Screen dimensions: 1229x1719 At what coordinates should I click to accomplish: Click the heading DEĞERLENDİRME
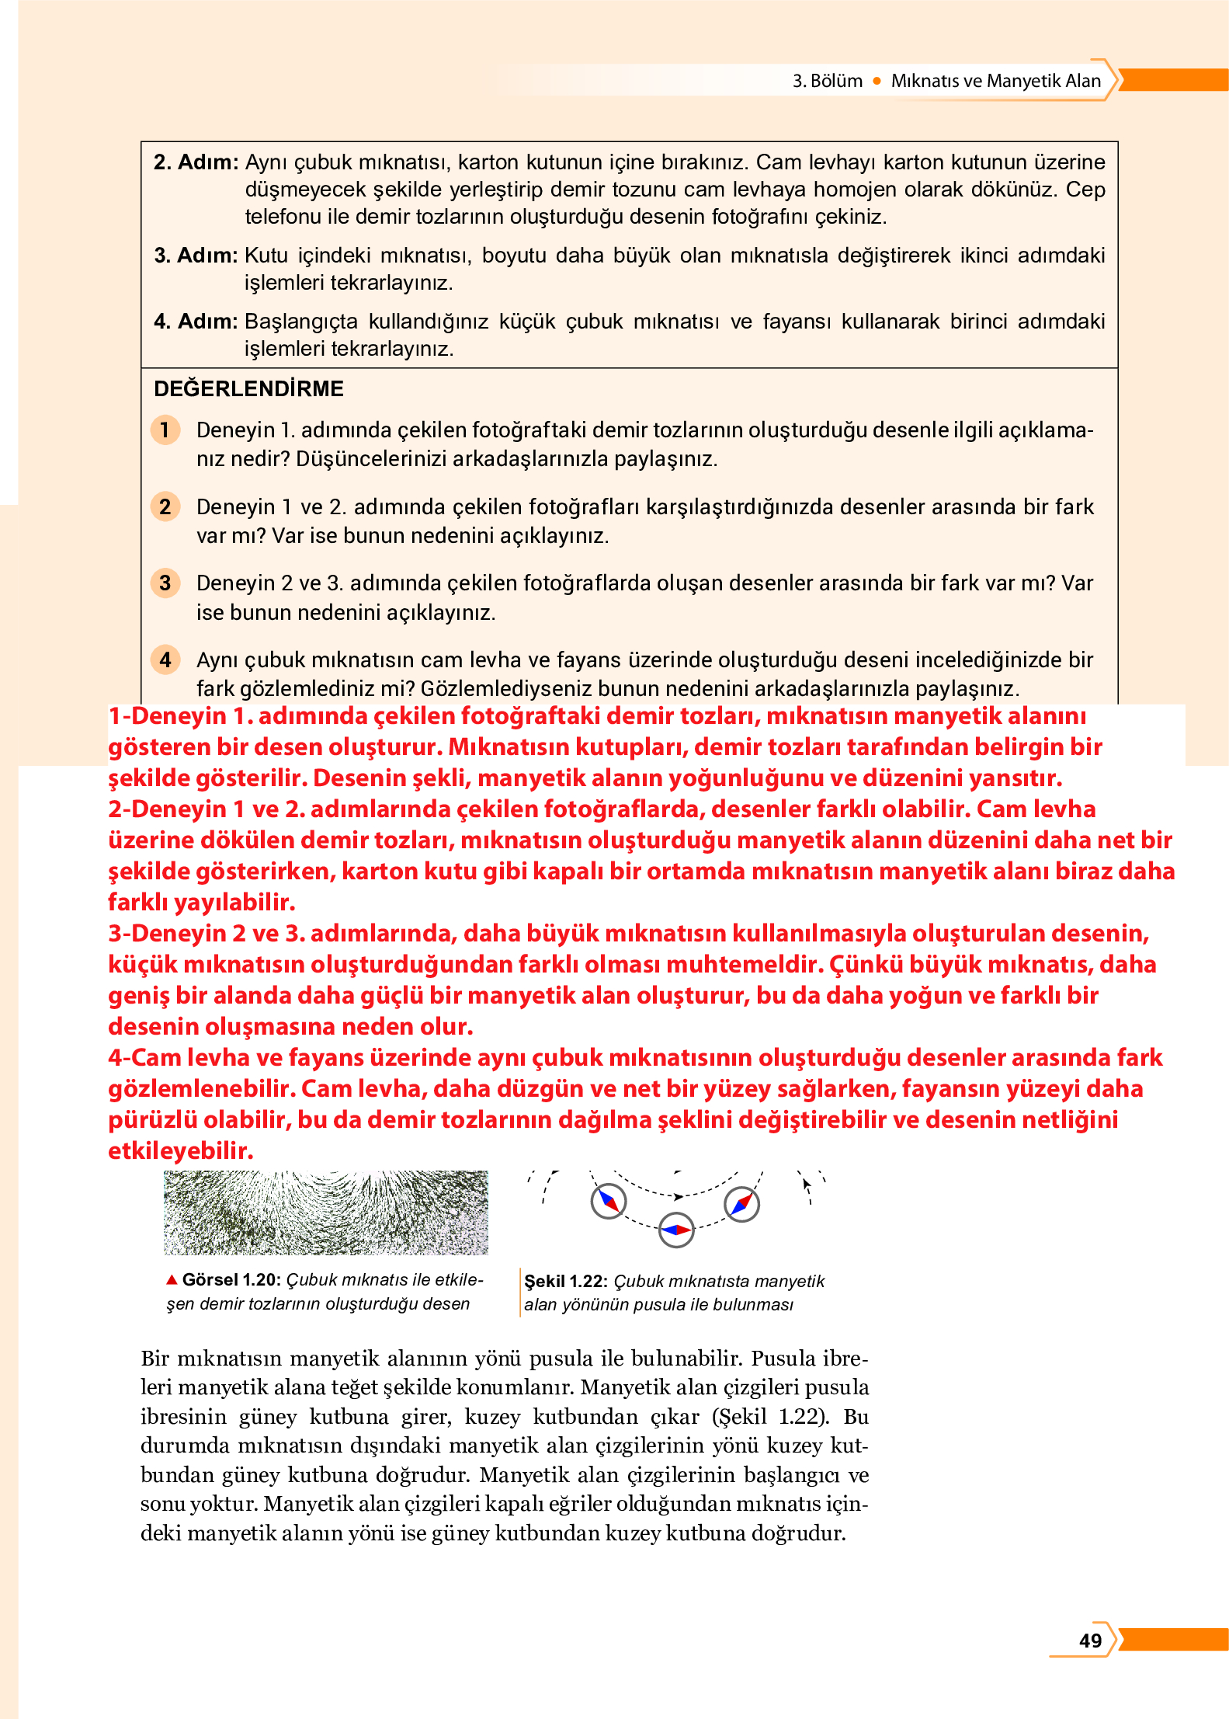point(248,388)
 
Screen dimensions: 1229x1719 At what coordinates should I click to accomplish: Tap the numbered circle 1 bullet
point(165,430)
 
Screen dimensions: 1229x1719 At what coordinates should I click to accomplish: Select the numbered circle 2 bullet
point(165,506)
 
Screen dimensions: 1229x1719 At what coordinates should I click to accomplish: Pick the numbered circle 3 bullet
point(165,583)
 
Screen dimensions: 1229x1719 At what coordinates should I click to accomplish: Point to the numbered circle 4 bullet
point(165,659)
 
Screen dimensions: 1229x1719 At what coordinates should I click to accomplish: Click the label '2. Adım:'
point(196,162)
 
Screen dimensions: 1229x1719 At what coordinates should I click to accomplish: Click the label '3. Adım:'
point(196,256)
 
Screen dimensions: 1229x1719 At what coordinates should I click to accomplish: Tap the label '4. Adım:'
point(196,322)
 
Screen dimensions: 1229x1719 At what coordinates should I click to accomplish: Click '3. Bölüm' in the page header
point(827,81)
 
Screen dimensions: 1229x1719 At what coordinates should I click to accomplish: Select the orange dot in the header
point(877,81)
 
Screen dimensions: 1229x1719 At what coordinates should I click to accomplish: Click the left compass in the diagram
point(608,1201)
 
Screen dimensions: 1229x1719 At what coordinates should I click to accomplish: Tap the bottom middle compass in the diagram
point(676,1230)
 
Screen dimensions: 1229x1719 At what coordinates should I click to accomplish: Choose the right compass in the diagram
point(741,1204)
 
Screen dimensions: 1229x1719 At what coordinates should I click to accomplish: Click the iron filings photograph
point(325,1213)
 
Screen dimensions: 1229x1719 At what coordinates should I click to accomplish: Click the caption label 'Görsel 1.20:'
point(231,1280)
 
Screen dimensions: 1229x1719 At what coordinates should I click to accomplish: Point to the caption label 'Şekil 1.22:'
point(565,1281)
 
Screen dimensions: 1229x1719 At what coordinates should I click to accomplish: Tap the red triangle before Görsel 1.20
point(172,1279)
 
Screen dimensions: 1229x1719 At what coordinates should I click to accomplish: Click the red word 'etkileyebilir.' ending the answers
point(180,1150)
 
